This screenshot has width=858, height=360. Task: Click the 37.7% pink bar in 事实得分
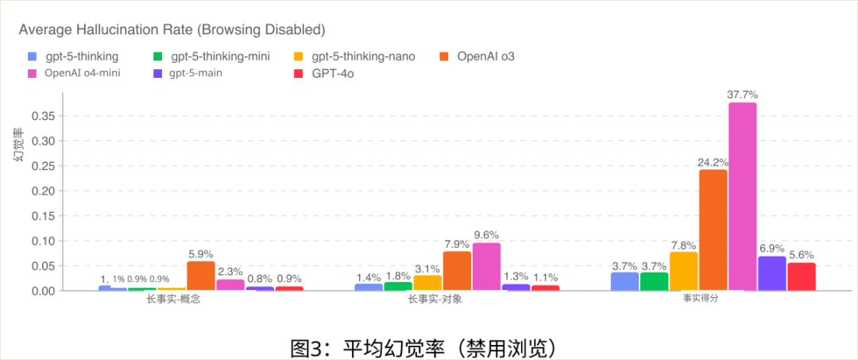(x=742, y=196)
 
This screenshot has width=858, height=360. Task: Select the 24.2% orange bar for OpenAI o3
(x=713, y=230)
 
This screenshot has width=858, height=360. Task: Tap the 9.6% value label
(x=486, y=235)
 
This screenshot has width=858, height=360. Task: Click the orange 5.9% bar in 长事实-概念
(x=201, y=276)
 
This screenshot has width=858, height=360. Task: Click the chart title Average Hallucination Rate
(x=172, y=30)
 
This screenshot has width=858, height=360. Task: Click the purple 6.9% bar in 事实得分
(x=771, y=273)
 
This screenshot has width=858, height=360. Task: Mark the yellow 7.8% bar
(x=683, y=271)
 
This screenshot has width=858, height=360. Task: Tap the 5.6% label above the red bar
(x=801, y=255)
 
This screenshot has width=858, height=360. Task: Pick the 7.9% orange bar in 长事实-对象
(x=457, y=271)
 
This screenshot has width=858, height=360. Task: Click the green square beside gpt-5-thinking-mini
(x=157, y=56)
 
